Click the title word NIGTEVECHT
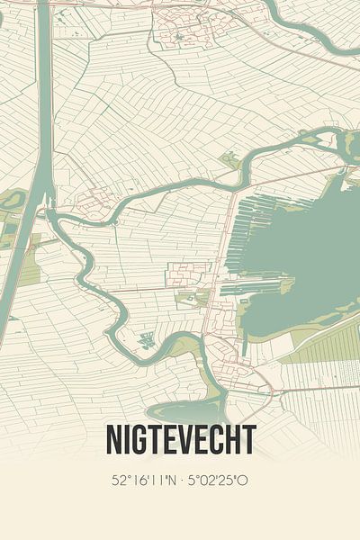point(180,440)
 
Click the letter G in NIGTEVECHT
point(140,440)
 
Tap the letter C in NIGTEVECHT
point(219,440)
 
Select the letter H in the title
point(235,440)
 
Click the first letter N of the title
point(114,440)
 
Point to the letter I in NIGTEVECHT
point(127,440)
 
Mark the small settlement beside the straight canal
point(90,202)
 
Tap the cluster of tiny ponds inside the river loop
point(146,340)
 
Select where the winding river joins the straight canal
point(49,216)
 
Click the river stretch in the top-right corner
point(324,36)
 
